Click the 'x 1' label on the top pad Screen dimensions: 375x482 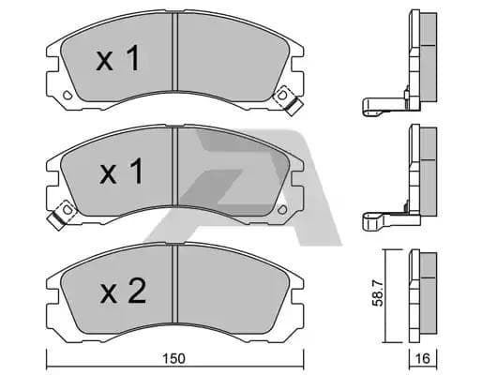[119, 62]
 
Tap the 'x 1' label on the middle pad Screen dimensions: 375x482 [119, 173]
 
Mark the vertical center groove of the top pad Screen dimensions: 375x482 [175, 56]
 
